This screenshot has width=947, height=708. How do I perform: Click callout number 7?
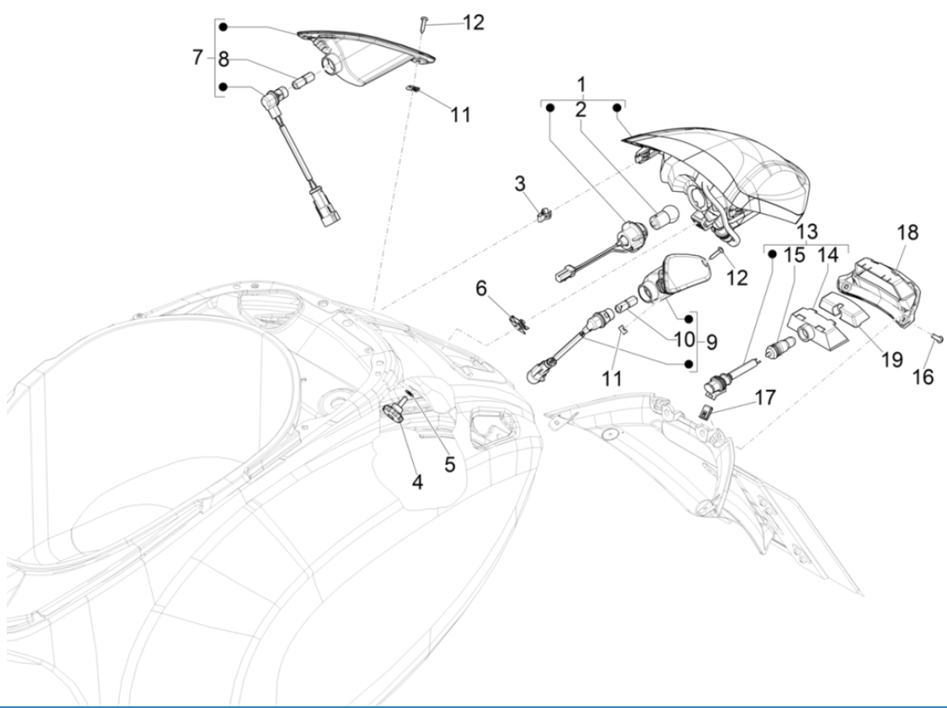coord(198,58)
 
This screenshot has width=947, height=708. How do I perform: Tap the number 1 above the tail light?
coord(582,84)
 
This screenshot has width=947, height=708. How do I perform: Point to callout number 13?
coord(806,231)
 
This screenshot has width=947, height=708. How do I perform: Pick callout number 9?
coord(711,343)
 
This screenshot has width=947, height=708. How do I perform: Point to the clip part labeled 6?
coord(516,321)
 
